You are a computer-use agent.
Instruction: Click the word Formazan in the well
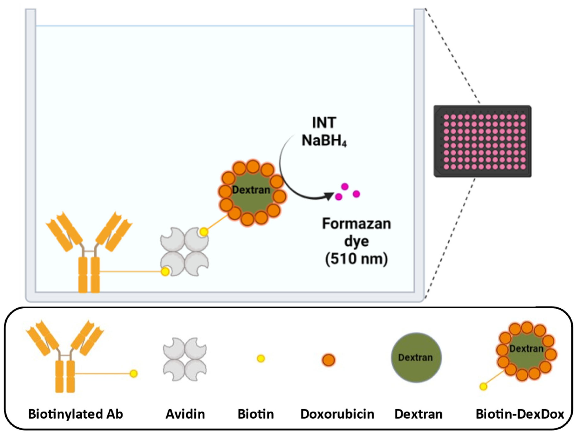[356, 224]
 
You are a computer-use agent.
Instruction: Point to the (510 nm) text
[356, 259]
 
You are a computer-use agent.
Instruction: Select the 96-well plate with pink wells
[483, 141]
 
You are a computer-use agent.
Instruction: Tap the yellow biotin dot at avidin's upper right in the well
[204, 232]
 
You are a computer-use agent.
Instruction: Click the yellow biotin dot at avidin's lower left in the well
[165, 272]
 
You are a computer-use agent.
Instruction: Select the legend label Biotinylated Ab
[75, 414]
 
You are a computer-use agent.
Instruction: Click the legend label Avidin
[185, 414]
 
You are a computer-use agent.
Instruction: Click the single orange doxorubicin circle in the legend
[328, 360]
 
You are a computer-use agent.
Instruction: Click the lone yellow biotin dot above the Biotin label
[261, 359]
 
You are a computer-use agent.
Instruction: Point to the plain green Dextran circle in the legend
[416, 358]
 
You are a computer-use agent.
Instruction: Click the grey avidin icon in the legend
[185, 360]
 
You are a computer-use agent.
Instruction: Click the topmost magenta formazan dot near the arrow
[345, 186]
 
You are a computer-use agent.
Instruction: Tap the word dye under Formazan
[356, 241]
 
